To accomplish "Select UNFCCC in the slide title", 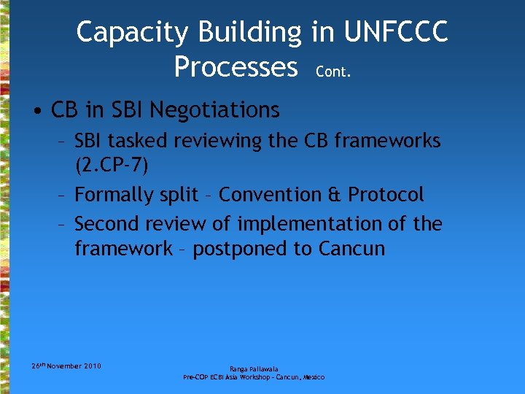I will [396, 32].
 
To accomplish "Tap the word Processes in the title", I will [236, 66].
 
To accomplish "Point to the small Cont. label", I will [333, 72].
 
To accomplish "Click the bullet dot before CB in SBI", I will [36, 111].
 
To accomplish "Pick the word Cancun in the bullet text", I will [351, 249].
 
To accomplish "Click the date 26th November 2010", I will [66, 365].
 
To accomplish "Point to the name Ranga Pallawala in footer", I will [253, 369].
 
